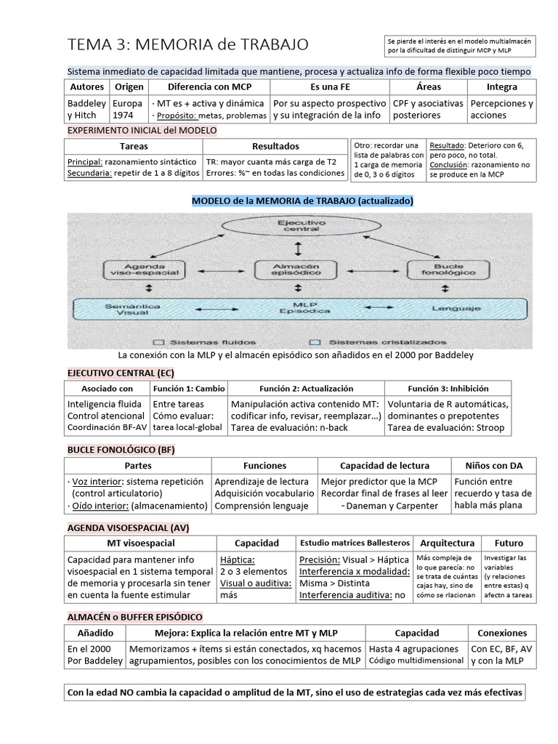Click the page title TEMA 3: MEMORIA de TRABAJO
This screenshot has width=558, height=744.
(187, 45)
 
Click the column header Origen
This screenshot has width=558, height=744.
(129, 86)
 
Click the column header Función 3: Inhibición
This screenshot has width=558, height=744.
(448, 389)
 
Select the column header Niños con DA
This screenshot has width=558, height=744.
(493, 465)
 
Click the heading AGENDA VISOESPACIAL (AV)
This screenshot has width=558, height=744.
(128, 527)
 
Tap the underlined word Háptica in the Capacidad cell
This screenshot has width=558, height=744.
(237, 559)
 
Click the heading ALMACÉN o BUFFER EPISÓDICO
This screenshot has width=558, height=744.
(135, 616)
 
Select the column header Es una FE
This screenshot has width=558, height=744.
(329, 86)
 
